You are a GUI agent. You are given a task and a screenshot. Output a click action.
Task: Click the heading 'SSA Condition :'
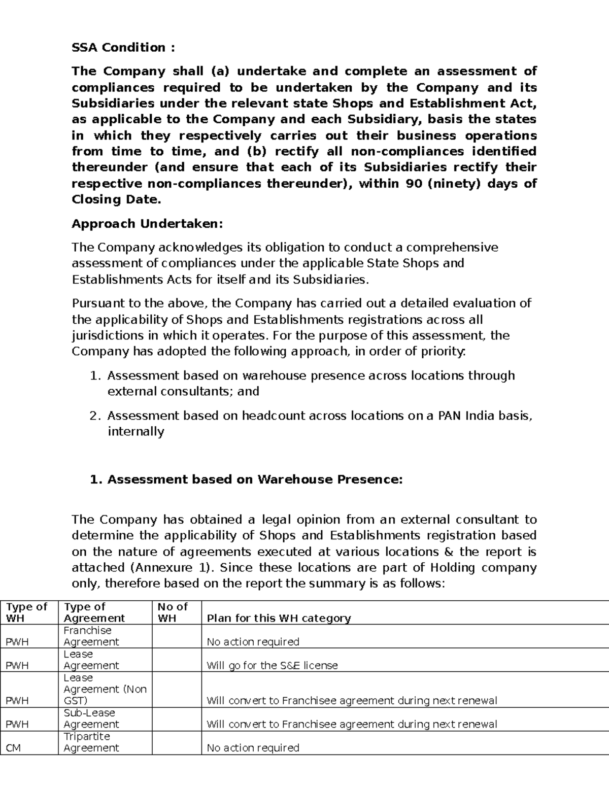[123, 48]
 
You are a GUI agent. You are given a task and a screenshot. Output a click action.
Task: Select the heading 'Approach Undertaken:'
[147, 224]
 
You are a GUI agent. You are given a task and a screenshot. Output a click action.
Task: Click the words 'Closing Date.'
[116, 199]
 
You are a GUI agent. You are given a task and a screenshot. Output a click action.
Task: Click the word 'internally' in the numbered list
[136, 432]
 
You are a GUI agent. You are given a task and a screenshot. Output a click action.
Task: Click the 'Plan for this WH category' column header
[279, 618]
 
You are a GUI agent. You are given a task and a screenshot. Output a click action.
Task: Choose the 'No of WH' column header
[172, 612]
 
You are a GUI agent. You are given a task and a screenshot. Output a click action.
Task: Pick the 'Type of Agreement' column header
[94, 612]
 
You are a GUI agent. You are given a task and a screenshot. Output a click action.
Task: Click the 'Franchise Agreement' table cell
[91, 636]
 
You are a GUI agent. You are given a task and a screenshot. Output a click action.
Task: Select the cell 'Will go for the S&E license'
[272, 665]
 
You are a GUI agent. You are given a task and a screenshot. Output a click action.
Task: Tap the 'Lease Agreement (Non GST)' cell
[105, 689]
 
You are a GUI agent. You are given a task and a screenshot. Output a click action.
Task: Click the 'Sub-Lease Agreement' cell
[91, 718]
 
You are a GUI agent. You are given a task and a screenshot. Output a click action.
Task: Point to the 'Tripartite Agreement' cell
[91, 742]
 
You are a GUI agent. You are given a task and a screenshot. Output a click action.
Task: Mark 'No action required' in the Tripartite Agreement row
[253, 748]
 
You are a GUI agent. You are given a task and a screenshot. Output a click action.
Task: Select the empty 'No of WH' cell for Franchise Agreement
[177, 636]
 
